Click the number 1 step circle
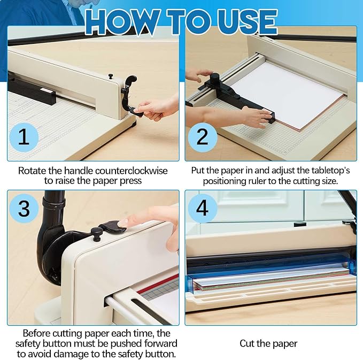(x=24, y=137)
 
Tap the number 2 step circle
(x=202, y=137)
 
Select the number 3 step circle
(x=24, y=208)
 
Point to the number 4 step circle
(x=202, y=208)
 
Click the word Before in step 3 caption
(x=38, y=333)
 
